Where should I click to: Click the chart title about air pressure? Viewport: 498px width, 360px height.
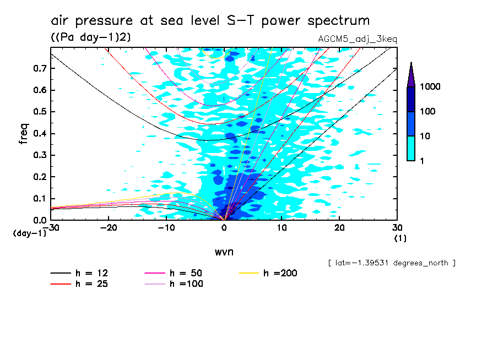pyautogui.click(x=210, y=21)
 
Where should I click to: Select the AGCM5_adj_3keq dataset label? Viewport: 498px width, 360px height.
pyautogui.click(x=357, y=39)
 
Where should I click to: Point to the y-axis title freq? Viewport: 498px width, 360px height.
pyautogui.click(x=23, y=133)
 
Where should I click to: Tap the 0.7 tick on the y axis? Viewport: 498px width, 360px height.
pyautogui.click(x=39, y=68)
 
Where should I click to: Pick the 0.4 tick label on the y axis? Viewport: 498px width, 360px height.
pyautogui.click(x=39, y=134)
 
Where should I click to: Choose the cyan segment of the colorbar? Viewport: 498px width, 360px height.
pyautogui.click(x=411, y=148)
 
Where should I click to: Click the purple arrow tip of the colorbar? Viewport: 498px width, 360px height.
pyautogui.click(x=411, y=74)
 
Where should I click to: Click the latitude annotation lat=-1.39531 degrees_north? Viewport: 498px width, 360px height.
pyautogui.click(x=391, y=263)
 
